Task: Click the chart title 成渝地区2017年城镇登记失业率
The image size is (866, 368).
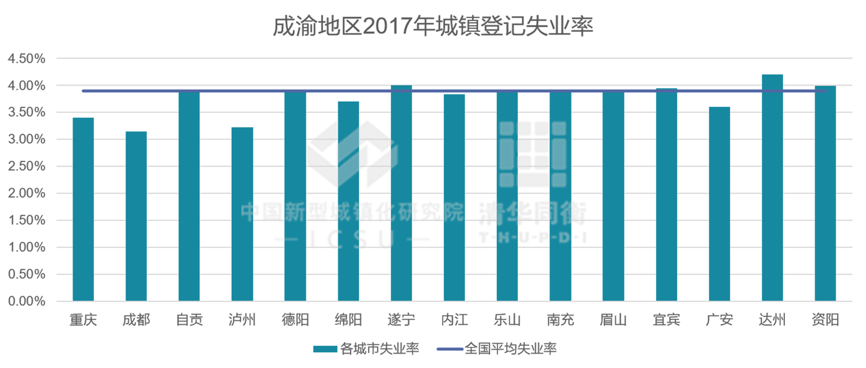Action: click(x=432, y=26)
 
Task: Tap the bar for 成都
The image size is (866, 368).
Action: click(x=136, y=216)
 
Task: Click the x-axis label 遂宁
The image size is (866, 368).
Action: click(x=401, y=320)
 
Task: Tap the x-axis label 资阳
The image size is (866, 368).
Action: click(x=825, y=320)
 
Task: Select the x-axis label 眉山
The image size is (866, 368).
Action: click(x=613, y=320)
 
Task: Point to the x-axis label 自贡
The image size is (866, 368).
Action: click(x=189, y=320)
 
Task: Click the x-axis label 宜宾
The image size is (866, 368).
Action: click(x=666, y=320)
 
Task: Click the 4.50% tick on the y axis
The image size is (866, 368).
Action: click(x=27, y=58)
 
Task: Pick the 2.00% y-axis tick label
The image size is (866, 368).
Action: click(x=27, y=193)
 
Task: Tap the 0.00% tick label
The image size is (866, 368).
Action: click(x=27, y=301)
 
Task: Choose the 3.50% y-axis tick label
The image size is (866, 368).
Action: click(x=27, y=112)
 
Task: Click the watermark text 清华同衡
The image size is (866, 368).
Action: click(x=532, y=214)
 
